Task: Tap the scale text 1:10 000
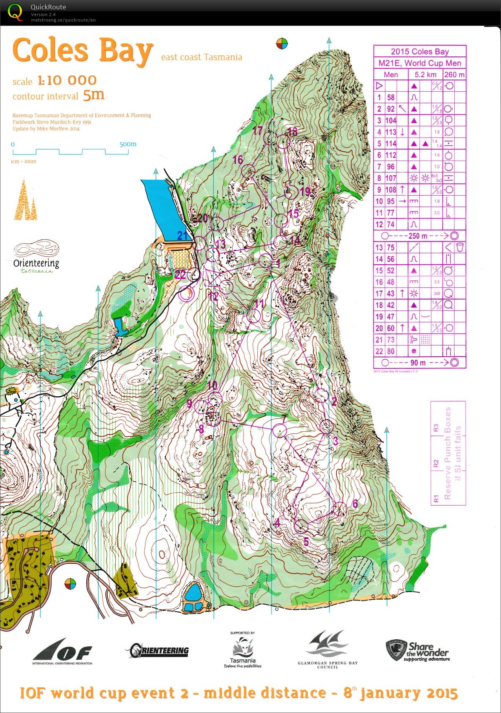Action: [67, 80]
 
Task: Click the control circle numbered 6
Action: [340, 509]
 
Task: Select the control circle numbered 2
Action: [322, 396]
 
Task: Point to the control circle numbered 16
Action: [248, 171]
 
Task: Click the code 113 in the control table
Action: [391, 132]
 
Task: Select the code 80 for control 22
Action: [391, 351]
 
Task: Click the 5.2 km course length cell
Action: [425, 74]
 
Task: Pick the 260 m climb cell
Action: [454, 74]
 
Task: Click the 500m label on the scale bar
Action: [128, 144]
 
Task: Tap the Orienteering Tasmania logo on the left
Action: [36, 257]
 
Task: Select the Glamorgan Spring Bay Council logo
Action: [328, 649]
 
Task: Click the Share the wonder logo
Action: [417, 651]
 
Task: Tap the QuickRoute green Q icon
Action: [15, 12]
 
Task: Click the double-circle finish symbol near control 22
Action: [186, 294]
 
